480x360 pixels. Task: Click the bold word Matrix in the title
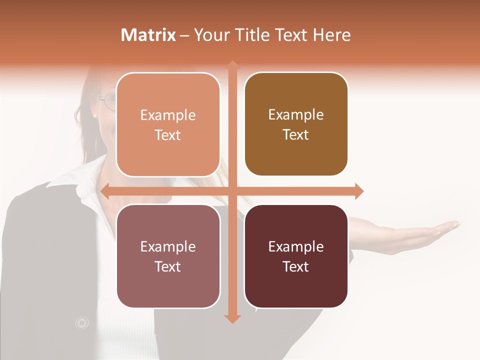pyautogui.click(x=148, y=35)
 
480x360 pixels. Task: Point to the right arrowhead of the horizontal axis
pyautogui.click(x=359, y=191)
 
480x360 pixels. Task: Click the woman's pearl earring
pyautogui.click(x=95, y=116)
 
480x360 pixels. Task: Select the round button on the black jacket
pyautogui.click(x=81, y=323)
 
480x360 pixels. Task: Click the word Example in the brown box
pyautogui.click(x=296, y=115)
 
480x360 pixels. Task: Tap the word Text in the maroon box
pyautogui.click(x=296, y=267)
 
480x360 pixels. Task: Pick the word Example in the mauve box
pyautogui.click(x=168, y=247)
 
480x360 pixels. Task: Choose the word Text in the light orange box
pyautogui.click(x=168, y=135)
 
